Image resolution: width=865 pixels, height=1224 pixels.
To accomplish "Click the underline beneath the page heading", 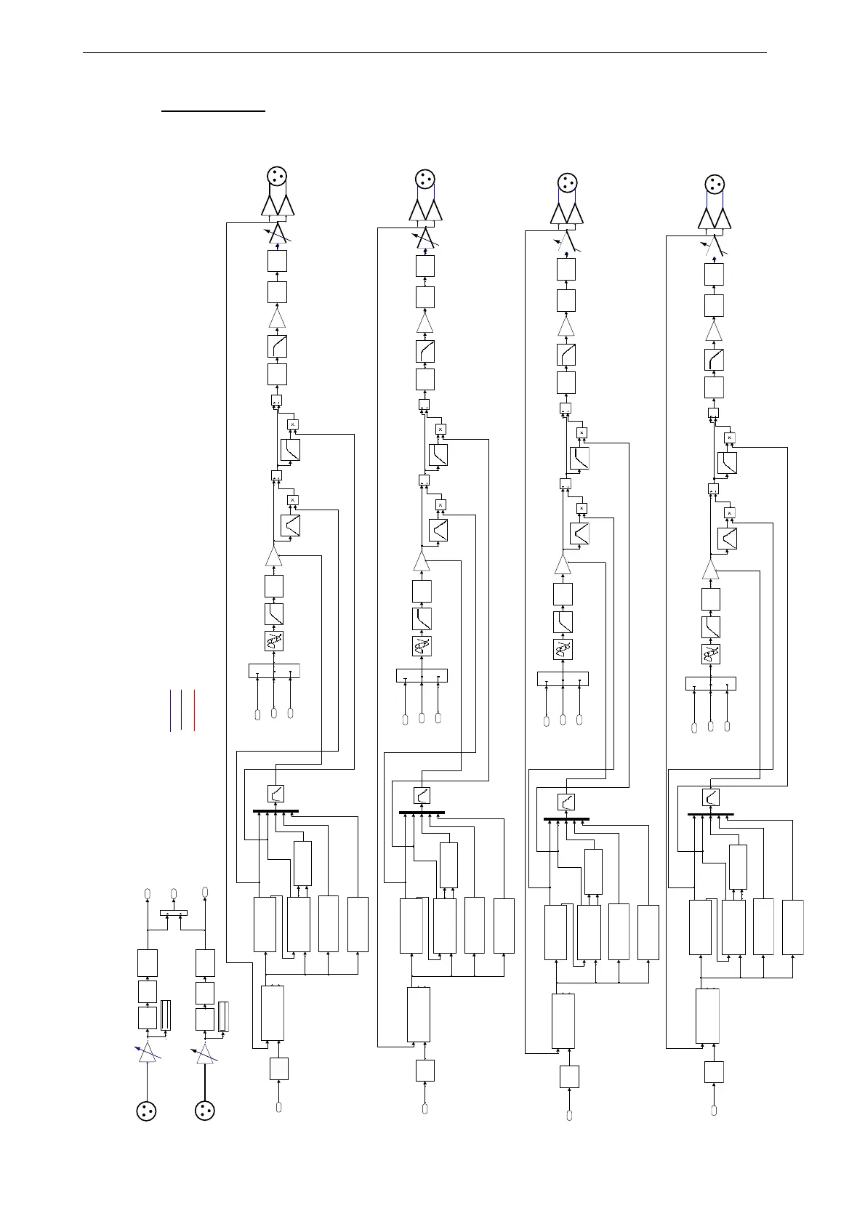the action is (x=214, y=112).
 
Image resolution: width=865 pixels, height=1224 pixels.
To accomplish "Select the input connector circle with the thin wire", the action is (x=148, y=1111).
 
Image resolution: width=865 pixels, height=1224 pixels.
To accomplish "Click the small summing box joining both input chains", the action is (x=174, y=913).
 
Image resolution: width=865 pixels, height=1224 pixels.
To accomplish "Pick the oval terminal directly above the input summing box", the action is (x=174, y=893).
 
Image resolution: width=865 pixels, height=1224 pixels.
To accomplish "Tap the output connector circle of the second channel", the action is (x=424, y=179).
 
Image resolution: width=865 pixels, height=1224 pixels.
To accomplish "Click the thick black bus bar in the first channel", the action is (x=275, y=811).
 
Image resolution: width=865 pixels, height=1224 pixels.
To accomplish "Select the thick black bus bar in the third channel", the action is (x=566, y=819).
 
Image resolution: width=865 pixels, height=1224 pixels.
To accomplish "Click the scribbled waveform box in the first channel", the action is (x=274, y=641).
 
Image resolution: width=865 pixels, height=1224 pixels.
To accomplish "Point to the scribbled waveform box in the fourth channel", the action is (x=711, y=654).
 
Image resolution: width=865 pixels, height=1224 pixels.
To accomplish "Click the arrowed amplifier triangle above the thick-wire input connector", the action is (x=206, y=1053).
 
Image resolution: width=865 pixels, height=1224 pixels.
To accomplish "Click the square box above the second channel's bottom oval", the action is (x=425, y=1071).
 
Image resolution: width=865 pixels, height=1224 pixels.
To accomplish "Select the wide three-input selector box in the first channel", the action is (x=274, y=671).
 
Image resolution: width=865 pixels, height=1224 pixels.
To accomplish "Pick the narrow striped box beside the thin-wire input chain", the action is (x=165, y=1016).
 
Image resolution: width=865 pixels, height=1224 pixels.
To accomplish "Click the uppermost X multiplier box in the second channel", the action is (x=440, y=429).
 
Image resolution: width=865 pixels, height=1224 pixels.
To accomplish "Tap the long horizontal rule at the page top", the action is (x=425, y=52).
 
